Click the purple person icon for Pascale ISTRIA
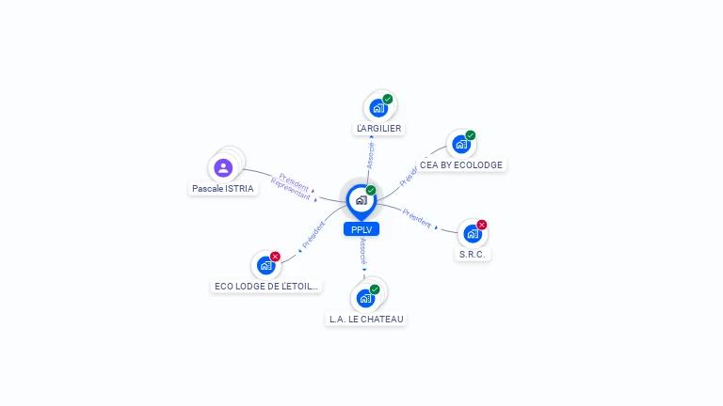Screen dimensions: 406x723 223,168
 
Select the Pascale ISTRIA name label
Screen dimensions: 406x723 223,189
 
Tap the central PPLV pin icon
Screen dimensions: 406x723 361,200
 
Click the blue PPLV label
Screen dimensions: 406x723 361,228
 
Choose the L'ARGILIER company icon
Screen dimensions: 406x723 378,107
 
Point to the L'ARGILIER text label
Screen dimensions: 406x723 378,128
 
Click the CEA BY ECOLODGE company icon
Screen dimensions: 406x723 460,144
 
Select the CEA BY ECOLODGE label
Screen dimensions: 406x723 461,164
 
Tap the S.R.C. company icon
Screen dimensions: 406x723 472,233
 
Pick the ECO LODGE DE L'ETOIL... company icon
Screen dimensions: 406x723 265,265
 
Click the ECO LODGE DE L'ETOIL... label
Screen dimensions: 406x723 266,286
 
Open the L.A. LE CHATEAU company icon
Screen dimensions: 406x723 365,298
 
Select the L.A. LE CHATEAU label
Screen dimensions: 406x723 366,319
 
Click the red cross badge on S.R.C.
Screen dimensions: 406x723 482,225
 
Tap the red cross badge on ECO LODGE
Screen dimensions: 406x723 276,257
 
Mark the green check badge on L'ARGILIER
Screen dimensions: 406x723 388,99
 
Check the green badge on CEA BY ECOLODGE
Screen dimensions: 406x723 471,135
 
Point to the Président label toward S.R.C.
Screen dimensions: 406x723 417,218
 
